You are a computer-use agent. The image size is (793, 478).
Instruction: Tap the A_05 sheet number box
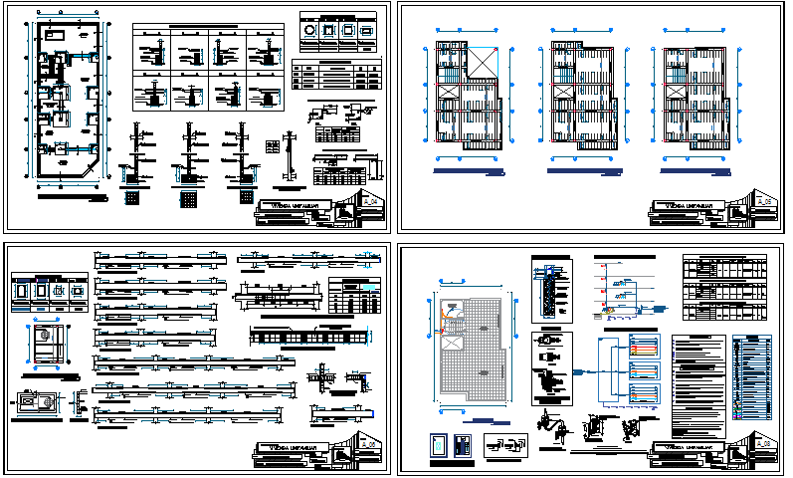point(764,201)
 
